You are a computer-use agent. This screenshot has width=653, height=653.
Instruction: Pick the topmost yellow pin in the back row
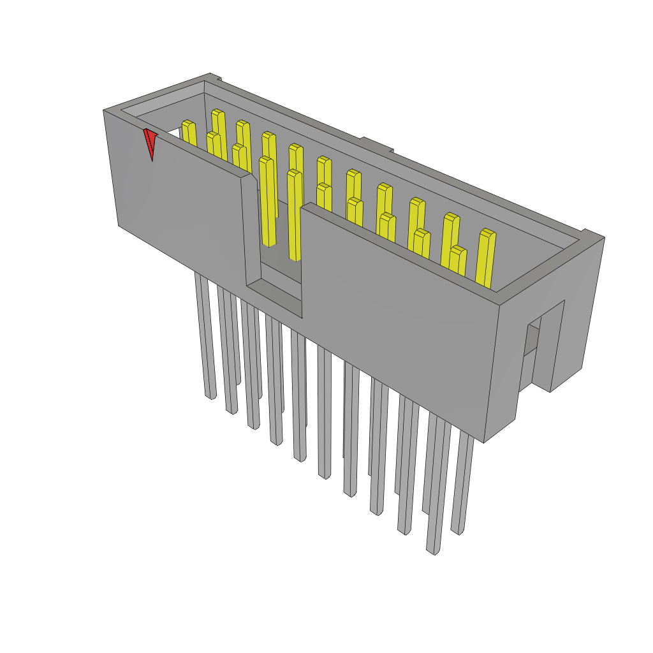pyautogui.click(x=218, y=124)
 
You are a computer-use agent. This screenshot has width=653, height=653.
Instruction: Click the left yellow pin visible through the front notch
pyautogui.click(x=268, y=201)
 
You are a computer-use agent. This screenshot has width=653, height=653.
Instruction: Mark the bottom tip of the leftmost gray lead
pyautogui.click(x=210, y=395)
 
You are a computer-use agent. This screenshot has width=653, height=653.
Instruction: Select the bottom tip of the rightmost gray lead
pyautogui.click(x=456, y=530)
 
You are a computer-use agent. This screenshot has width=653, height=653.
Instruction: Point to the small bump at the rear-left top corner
pyautogui.click(x=216, y=78)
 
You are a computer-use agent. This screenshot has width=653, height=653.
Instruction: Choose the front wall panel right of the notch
pyautogui.click(x=395, y=319)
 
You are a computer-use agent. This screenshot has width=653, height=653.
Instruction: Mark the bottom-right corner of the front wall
pyautogui.click(x=484, y=442)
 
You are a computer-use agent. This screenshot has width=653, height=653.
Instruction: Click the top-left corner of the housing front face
pyautogui.click(x=104, y=111)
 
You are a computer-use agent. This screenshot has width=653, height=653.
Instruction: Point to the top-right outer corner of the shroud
pyautogui.click(x=603, y=238)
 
